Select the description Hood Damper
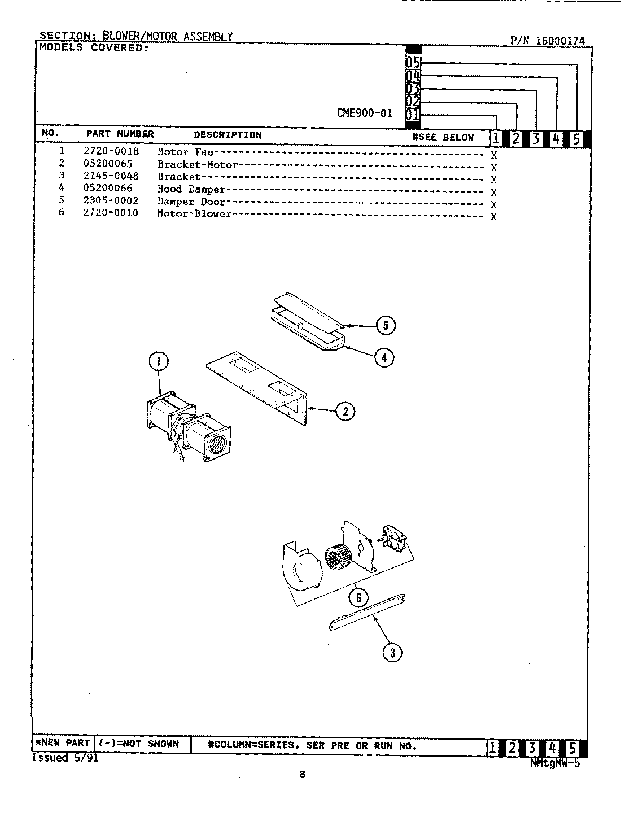(x=191, y=189)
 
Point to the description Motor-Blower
(x=194, y=213)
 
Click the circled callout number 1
(x=159, y=361)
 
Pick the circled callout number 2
(x=346, y=411)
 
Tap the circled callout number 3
(x=392, y=653)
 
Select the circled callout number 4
(x=384, y=357)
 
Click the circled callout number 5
(x=386, y=325)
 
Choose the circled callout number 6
(x=358, y=597)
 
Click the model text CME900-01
(x=364, y=113)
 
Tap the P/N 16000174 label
(x=548, y=41)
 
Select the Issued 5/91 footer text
(x=65, y=758)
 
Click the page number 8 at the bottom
(x=302, y=775)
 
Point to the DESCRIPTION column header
(x=228, y=135)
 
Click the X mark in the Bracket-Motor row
(x=493, y=168)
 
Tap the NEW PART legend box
(x=63, y=743)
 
